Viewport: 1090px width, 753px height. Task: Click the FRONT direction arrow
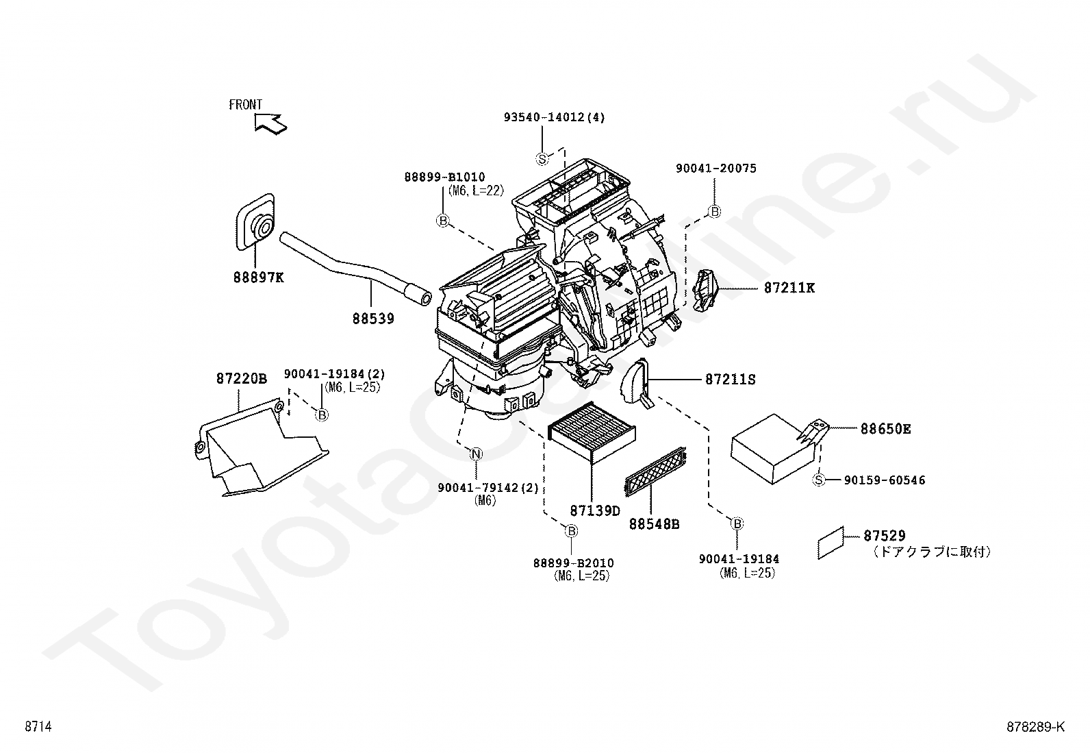pyautogui.click(x=270, y=124)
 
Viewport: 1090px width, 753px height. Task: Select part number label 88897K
pyautogui.click(x=258, y=277)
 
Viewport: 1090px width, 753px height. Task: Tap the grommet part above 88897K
pyautogui.click(x=255, y=221)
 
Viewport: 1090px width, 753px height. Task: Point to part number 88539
pyautogui.click(x=373, y=319)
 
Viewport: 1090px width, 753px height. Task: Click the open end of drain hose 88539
pyautogui.click(x=424, y=297)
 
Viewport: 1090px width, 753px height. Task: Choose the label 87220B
pyautogui.click(x=242, y=378)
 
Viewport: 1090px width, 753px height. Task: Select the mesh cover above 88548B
pyautogui.click(x=655, y=471)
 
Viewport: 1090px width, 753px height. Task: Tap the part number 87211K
pyautogui.click(x=789, y=288)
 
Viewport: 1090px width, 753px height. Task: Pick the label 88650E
pyautogui.click(x=885, y=429)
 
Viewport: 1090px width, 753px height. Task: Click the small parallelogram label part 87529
pyautogui.click(x=831, y=543)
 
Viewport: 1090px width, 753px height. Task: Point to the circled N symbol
pyautogui.click(x=476, y=454)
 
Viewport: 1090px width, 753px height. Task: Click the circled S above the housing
pyautogui.click(x=542, y=159)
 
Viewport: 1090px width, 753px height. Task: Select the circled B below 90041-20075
pyautogui.click(x=714, y=212)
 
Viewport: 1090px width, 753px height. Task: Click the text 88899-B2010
pyautogui.click(x=573, y=563)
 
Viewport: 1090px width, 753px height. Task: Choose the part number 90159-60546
pyautogui.click(x=885, y=480)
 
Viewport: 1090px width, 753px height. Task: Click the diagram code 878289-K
pyautogui.click(x=1035, y=728)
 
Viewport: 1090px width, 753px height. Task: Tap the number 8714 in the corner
pyautogui.click(x=38, y=727)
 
